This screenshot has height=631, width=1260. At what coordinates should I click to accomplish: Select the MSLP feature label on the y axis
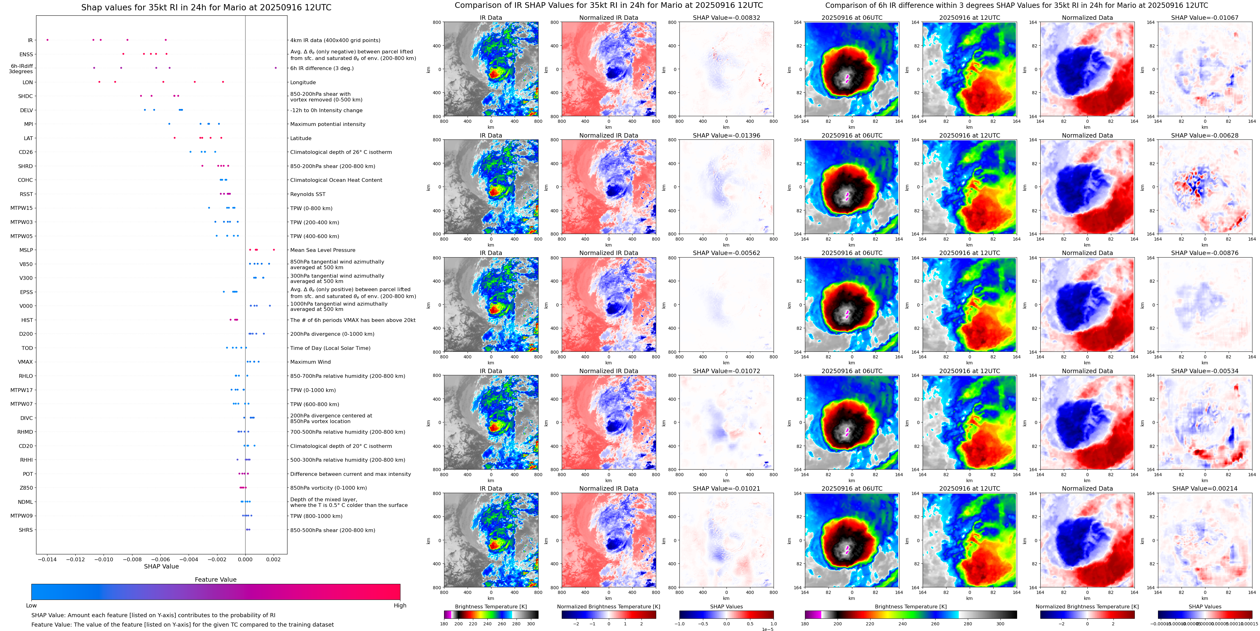click(x=26, y=250)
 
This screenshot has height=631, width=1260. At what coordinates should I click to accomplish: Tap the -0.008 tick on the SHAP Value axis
click(x=132, y=559)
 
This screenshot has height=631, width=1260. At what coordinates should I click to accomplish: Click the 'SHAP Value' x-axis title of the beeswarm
click(x=161, y=566)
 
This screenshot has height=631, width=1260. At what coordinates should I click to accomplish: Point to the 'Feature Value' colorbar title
click(x=215, y=579)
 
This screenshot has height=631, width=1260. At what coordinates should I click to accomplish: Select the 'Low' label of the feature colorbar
click(x=31, y=606)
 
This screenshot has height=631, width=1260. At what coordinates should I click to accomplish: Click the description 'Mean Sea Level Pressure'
click(x=323, y=250)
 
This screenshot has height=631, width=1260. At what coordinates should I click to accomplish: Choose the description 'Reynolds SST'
click(x=308, y=194)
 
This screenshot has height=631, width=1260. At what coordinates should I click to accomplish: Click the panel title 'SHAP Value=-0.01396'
click(x=727, y=136)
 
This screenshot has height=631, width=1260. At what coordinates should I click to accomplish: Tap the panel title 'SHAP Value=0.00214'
click(x=1205, y=488)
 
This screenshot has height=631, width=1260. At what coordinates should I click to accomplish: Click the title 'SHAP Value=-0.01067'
click(x=1205, y=18)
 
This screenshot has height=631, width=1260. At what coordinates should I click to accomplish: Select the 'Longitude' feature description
click(x=303, y=82)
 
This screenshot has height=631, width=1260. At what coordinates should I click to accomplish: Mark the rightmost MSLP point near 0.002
click(x=274, y=250)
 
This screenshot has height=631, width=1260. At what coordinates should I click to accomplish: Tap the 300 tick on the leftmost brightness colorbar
click(x=531, y=624)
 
